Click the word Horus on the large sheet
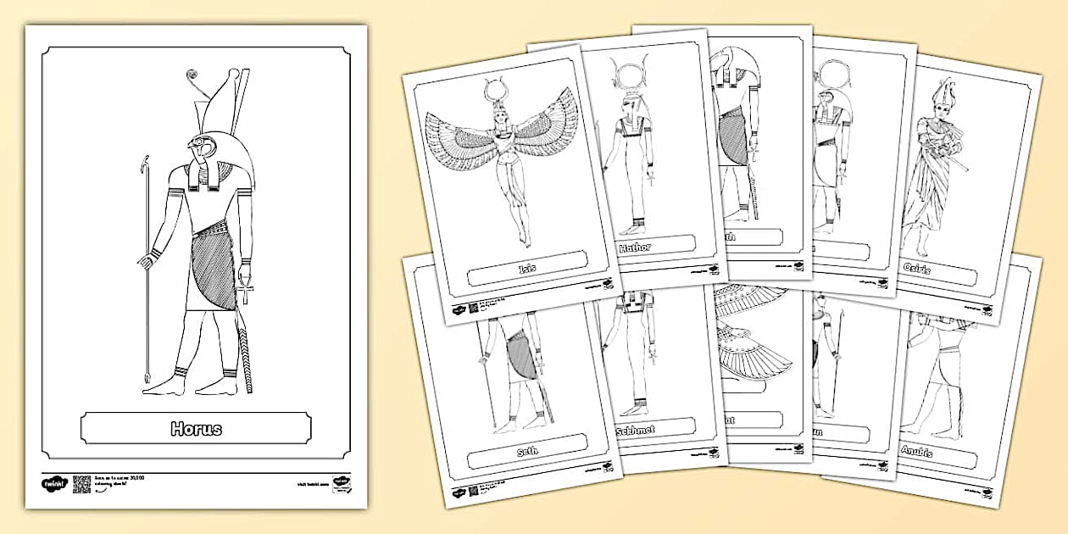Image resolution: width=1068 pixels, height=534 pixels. pyautogui.click(x=196, y=428)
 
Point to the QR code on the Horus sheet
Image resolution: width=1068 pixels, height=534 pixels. pyautogui.click(x=81, y=484)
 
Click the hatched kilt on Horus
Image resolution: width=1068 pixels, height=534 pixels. pyautogui.click(x=215, y=270)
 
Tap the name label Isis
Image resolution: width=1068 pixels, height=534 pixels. pyautogui.click(x=526, y=269)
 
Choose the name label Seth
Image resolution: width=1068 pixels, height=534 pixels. pyautogui.click(x=526, y=452)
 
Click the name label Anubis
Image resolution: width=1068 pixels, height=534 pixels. pyautogui.click(x=917, y=452)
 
